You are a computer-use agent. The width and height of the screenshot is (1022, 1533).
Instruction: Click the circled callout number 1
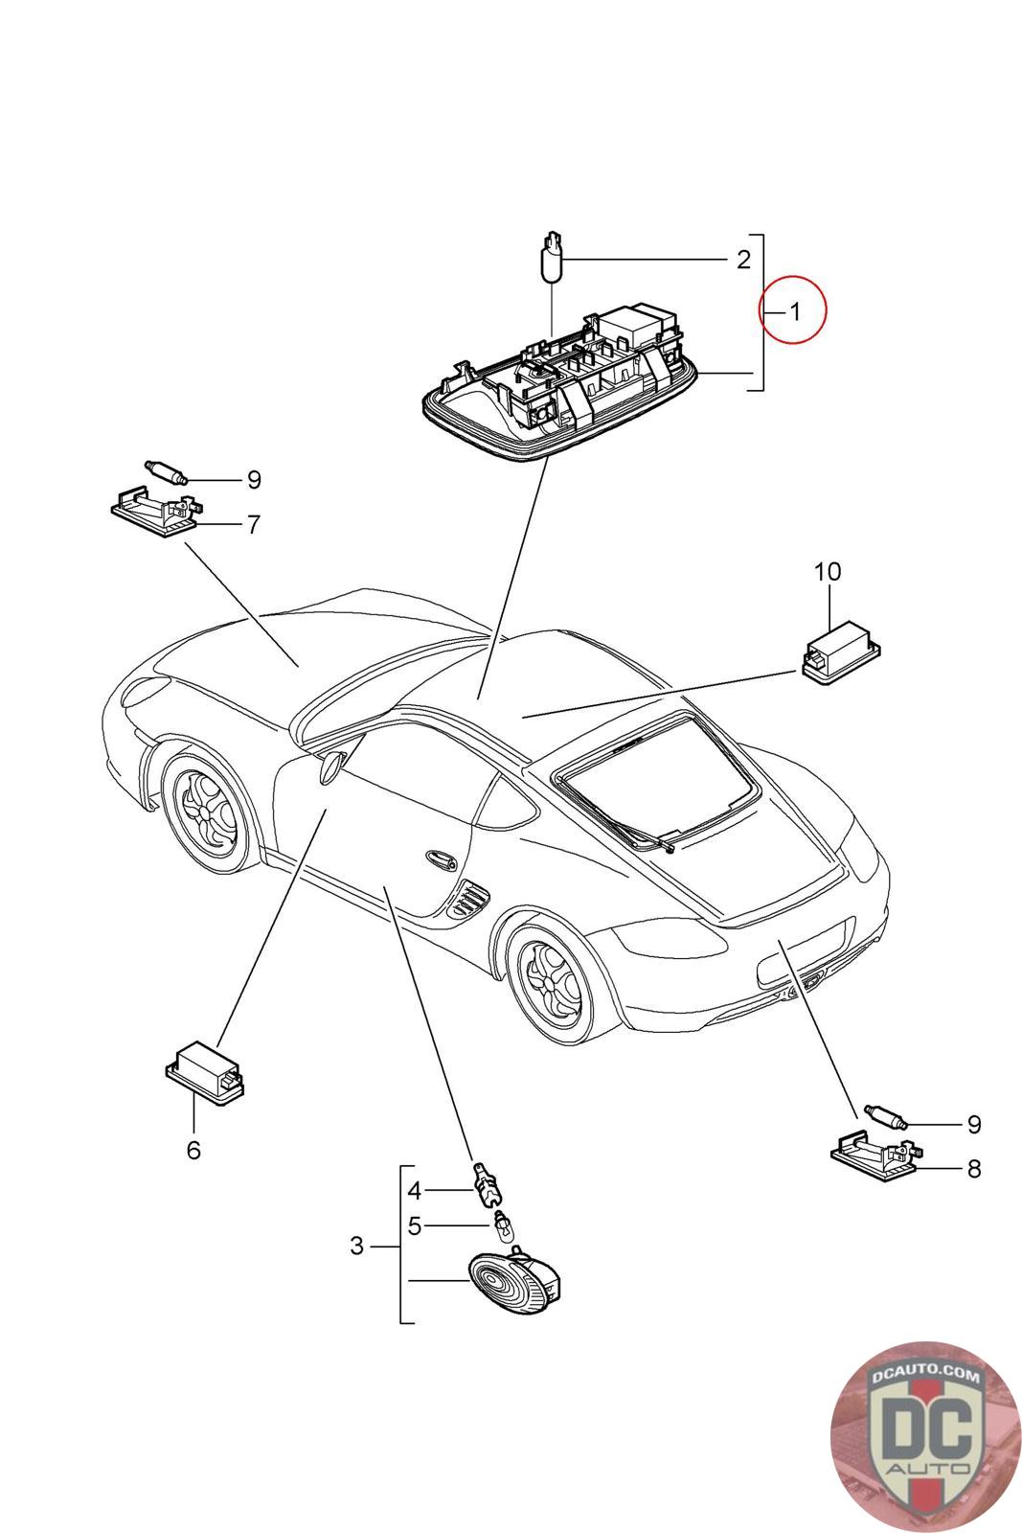(x=794, y=312)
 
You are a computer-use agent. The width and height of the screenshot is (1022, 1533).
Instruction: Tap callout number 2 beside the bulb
(x=743, y=260)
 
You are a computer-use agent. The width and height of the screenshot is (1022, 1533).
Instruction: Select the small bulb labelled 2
(x=552, y=258)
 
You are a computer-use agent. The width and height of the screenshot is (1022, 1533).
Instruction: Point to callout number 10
(x=827, y=571)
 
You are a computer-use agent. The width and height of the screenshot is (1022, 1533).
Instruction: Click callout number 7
(x=254, y=525)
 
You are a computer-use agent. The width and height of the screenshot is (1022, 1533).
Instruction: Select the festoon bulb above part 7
(x=166, y=471)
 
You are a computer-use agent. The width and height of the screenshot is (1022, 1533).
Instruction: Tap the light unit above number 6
(x=205, y=1074)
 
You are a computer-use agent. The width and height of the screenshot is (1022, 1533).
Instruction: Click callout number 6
(x=193, y=1150)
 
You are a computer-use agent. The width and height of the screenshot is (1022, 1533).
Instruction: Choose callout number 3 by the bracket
(x=356, y=1245)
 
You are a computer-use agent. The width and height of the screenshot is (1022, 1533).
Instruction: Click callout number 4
(x=414, y=1191)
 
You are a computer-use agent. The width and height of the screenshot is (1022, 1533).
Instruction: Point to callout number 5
(x=414, y=1225)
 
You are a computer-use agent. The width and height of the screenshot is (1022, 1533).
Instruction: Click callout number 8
(x=974, y=1168)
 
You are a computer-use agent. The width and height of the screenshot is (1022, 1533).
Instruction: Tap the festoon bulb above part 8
(x=885, y=1116)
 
